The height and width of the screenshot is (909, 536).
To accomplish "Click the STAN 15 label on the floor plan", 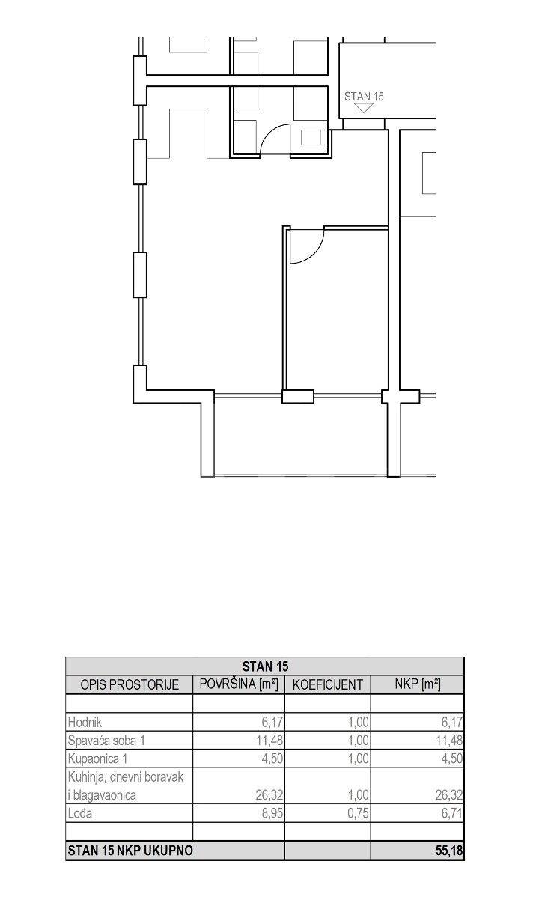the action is point(364,97).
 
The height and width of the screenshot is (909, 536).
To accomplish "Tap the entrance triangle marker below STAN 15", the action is point(364,108).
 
